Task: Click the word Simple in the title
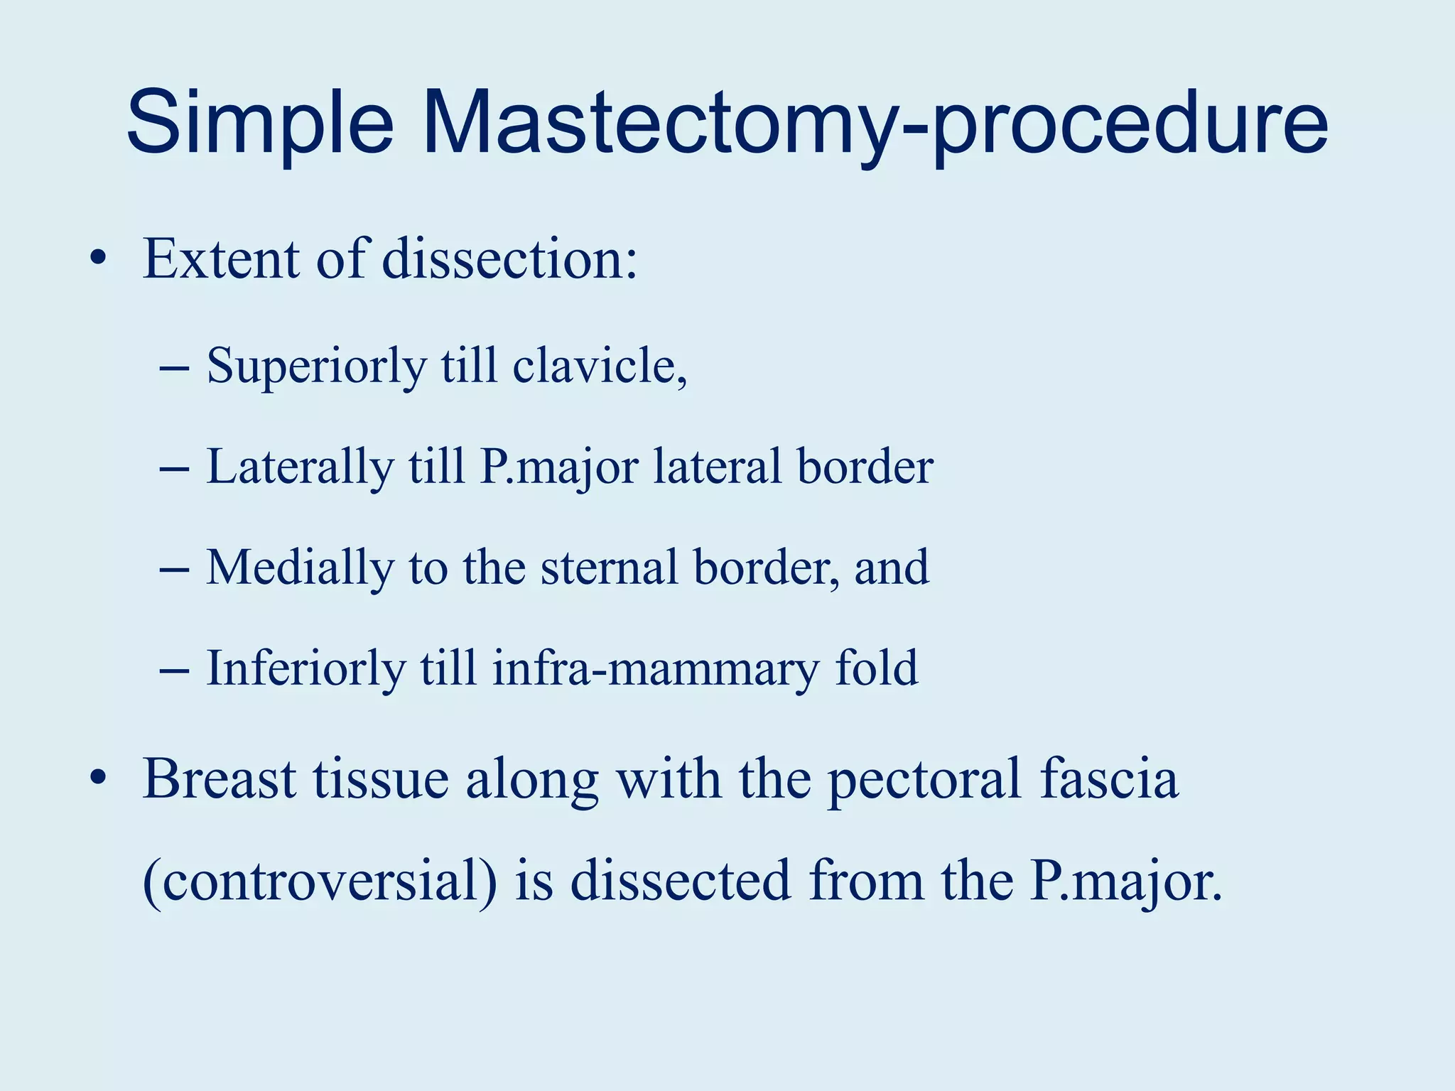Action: (x=260, y=122)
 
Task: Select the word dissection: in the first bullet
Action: (x=509, y=259)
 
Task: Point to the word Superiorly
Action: (x=317, y=367)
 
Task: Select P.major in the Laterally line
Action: (x=558, y=467)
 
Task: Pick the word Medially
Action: (x=299, y=568)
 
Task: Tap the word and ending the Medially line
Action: (x=891, y=568)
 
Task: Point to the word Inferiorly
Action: (x=305, y=668)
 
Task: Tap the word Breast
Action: (x=220, y=778)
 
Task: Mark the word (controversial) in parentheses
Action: (x=320, y=881)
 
